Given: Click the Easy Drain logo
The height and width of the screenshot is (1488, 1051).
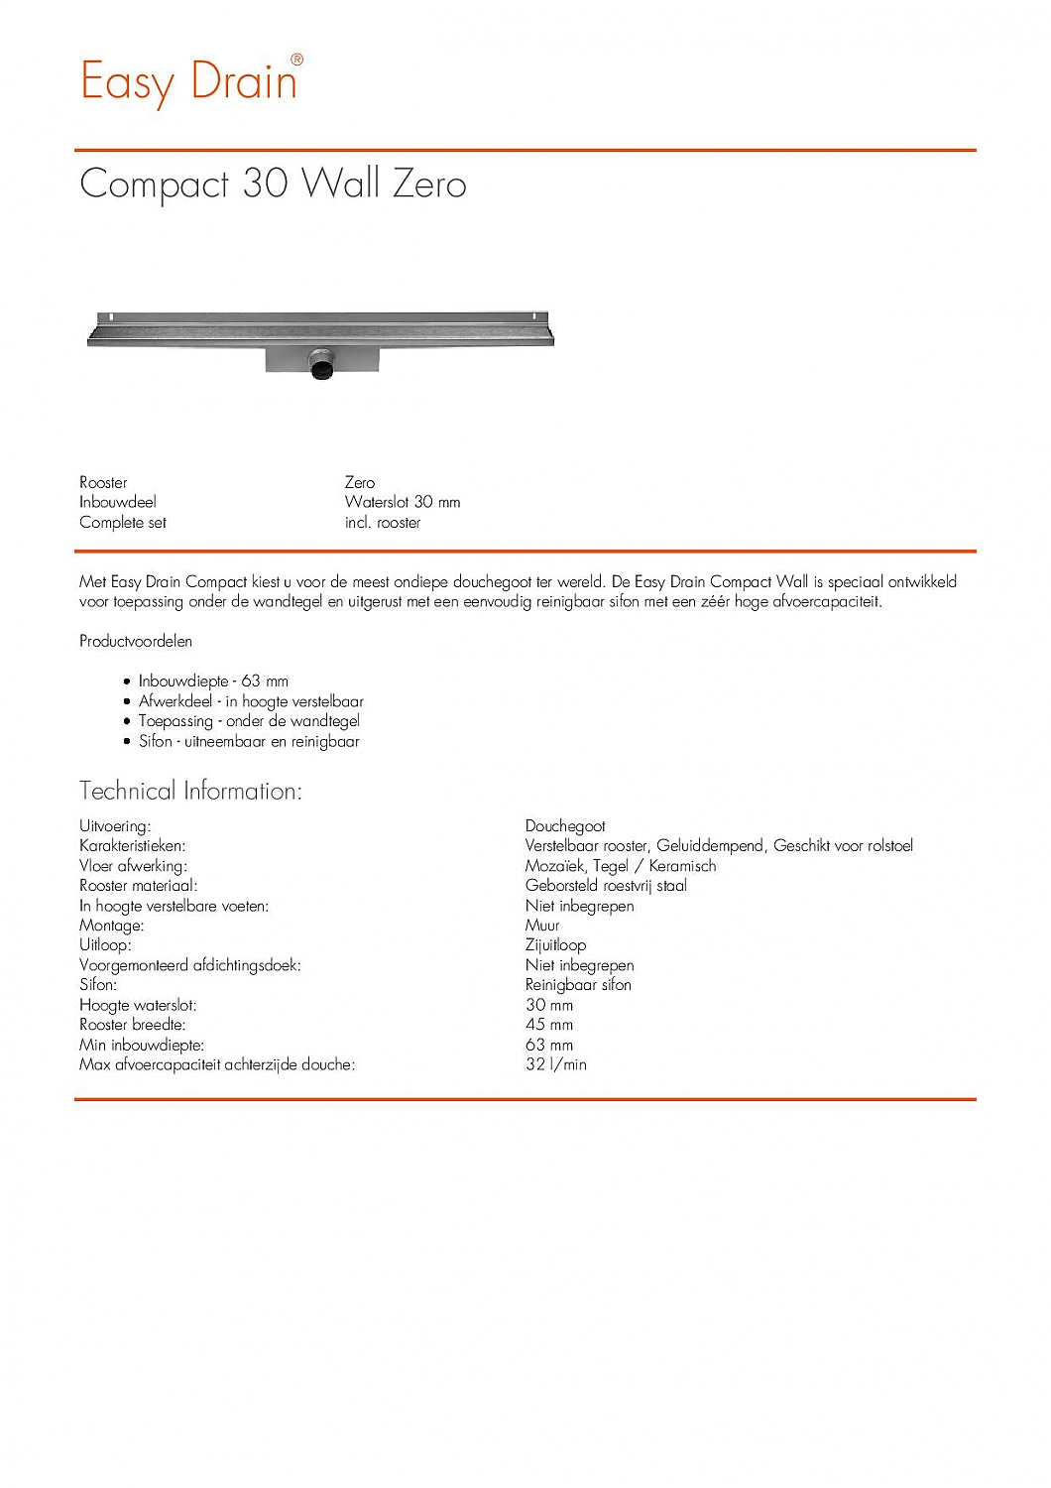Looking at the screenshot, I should [188, 81].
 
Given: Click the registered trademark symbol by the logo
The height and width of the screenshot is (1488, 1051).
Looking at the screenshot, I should [296, 60].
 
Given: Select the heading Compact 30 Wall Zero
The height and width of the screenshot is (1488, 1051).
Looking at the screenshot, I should [273, 185].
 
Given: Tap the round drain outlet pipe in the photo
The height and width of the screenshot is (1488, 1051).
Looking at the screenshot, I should [323, 365].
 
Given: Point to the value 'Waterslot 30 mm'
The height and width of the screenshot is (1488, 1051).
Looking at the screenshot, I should [403, 502].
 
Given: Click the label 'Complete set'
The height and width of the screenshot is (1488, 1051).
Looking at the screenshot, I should [123, 523].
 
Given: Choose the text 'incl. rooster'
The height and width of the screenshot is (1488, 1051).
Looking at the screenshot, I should [383, 523].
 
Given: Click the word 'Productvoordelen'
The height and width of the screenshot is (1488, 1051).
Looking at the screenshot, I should [136, 642].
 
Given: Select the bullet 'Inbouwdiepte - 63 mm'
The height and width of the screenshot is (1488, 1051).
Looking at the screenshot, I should [213, 682].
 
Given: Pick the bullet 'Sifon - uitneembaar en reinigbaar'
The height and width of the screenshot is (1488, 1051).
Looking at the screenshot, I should [249, 741].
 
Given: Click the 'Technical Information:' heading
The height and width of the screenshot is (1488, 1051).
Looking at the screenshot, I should [190, 792].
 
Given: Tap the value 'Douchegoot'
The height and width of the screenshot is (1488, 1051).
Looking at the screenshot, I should [565, 826].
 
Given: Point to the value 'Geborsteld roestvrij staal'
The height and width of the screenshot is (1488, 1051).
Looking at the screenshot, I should [606, 886].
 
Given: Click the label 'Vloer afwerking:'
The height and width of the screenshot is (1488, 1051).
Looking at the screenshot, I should [133, 866].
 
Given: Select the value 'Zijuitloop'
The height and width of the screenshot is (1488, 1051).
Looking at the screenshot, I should [555, 945].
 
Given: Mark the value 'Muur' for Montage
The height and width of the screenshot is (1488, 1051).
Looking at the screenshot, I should [542, 926].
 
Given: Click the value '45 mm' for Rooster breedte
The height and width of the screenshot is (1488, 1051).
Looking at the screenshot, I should [549, 1025].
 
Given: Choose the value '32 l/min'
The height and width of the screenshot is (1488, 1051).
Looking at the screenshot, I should [556, 1064].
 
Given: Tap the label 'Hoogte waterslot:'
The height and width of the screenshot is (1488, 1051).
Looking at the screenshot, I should [138, 1005].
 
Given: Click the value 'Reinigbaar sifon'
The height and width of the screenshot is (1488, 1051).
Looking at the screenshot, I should [578, 985].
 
